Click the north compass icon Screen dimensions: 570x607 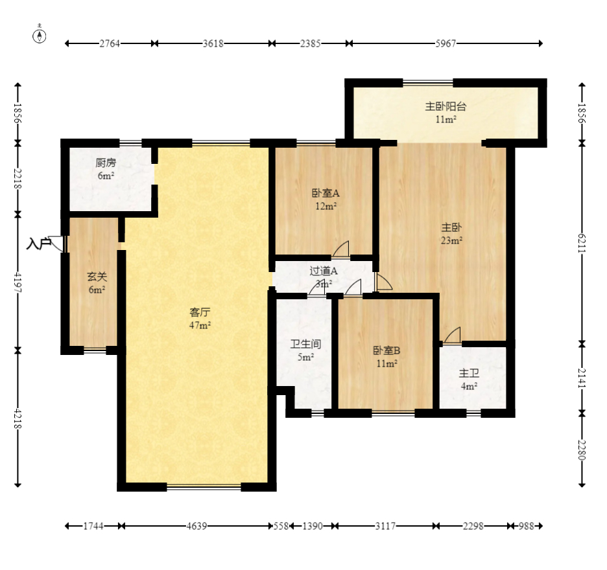pos(40,35)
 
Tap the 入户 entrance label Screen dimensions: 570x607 pos(39,244)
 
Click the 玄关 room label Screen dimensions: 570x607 pos(97,277)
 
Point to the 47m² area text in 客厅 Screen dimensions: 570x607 pos(200,325)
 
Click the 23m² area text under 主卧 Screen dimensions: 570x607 pos(452,240)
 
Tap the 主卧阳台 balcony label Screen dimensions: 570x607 pos(446,107)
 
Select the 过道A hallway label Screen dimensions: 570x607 pos(324,271)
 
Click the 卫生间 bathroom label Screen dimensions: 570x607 pos(305,345)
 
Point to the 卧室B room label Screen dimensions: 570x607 pos(387,351)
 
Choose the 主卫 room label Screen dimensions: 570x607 pos(469,374)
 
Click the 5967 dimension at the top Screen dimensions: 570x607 pos(446,43)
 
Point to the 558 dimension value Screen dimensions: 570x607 pos(280,527)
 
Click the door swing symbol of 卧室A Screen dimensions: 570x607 pos(342,249)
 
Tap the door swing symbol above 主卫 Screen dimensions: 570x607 pos(453,336)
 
